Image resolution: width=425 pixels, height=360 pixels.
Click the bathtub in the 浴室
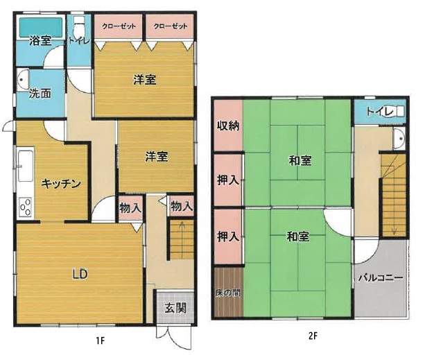40,27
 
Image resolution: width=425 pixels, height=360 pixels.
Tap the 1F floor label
101,341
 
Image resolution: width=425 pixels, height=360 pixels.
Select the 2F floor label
313,336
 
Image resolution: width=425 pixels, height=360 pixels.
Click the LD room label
80,275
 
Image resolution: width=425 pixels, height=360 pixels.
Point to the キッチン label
61,184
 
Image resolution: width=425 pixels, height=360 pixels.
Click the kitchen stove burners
26,207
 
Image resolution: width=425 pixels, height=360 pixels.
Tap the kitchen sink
26,166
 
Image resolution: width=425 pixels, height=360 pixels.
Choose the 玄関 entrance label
175,308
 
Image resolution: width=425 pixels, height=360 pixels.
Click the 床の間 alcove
228,292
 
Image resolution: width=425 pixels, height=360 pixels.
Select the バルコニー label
381,278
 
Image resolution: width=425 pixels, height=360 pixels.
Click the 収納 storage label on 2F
228,126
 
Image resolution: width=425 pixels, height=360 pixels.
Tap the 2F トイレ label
379,112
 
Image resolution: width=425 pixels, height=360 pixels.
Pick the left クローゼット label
119,26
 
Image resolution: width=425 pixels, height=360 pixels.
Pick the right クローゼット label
171,26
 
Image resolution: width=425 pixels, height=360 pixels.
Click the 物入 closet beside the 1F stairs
182,207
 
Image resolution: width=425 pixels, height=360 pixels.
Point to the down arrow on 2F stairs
394,225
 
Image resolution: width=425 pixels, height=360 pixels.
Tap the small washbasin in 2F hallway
399,139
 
